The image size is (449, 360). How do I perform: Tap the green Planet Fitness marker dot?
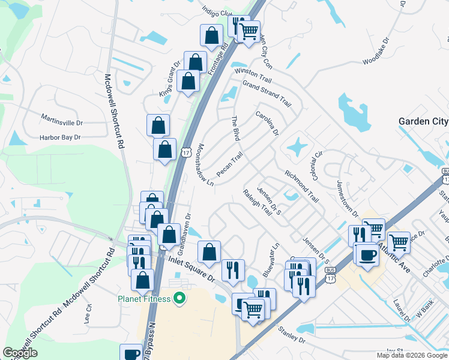point(178,298)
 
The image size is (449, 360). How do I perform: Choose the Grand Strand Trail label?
point(267,94)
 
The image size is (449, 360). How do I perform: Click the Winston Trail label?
point(253,75)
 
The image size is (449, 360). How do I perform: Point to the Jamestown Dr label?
point(348,199)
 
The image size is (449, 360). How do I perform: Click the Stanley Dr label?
point(292,335)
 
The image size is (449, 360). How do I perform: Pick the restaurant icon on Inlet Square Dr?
point(233,270)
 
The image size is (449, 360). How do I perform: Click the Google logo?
point(20,353)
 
